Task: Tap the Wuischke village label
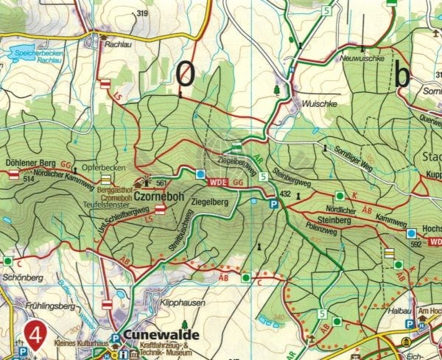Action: [x=318, y=104]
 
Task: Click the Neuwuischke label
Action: [x=359, y=58]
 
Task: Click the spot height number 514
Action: [x=29, y=179]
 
